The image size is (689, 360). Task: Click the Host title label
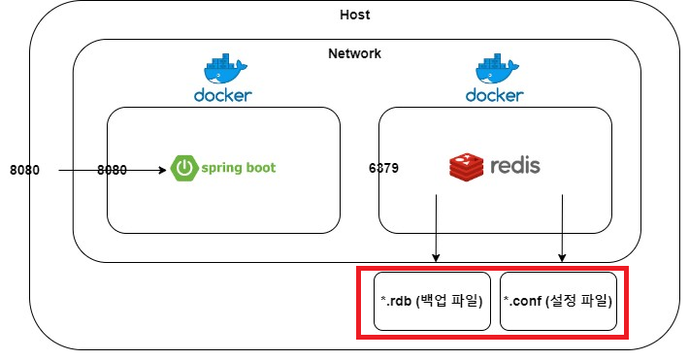[x=354, y=15]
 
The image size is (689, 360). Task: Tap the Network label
[x=354, y=53]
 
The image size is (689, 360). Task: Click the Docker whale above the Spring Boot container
[x=225, y=69]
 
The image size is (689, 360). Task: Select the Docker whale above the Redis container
[x=497, y=69]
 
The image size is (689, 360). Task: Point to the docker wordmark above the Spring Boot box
[x=223, y=95]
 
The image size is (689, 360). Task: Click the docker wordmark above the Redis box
[x=494, y=95]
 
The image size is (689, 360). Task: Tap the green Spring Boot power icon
[x=184, y=168]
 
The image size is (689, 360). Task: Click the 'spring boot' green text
[x=239, y=168]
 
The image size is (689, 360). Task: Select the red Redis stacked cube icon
[x=466, y=167]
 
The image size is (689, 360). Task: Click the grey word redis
[x=515, y=166]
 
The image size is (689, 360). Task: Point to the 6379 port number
[x=383, y=168]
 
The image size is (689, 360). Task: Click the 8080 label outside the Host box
[x=24, y=170]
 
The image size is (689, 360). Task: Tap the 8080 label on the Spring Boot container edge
[x=112, y=170]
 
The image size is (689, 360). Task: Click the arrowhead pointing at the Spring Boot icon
[x=163, y=170]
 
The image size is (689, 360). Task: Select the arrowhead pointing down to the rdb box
[x=436, y=257]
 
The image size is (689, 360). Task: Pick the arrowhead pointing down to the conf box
[x=562, y=257]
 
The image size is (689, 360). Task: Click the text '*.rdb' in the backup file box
[x=396, y=301]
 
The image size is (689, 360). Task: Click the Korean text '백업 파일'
[x=449, y=301]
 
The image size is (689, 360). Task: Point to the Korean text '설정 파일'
[x=578, y=301]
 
